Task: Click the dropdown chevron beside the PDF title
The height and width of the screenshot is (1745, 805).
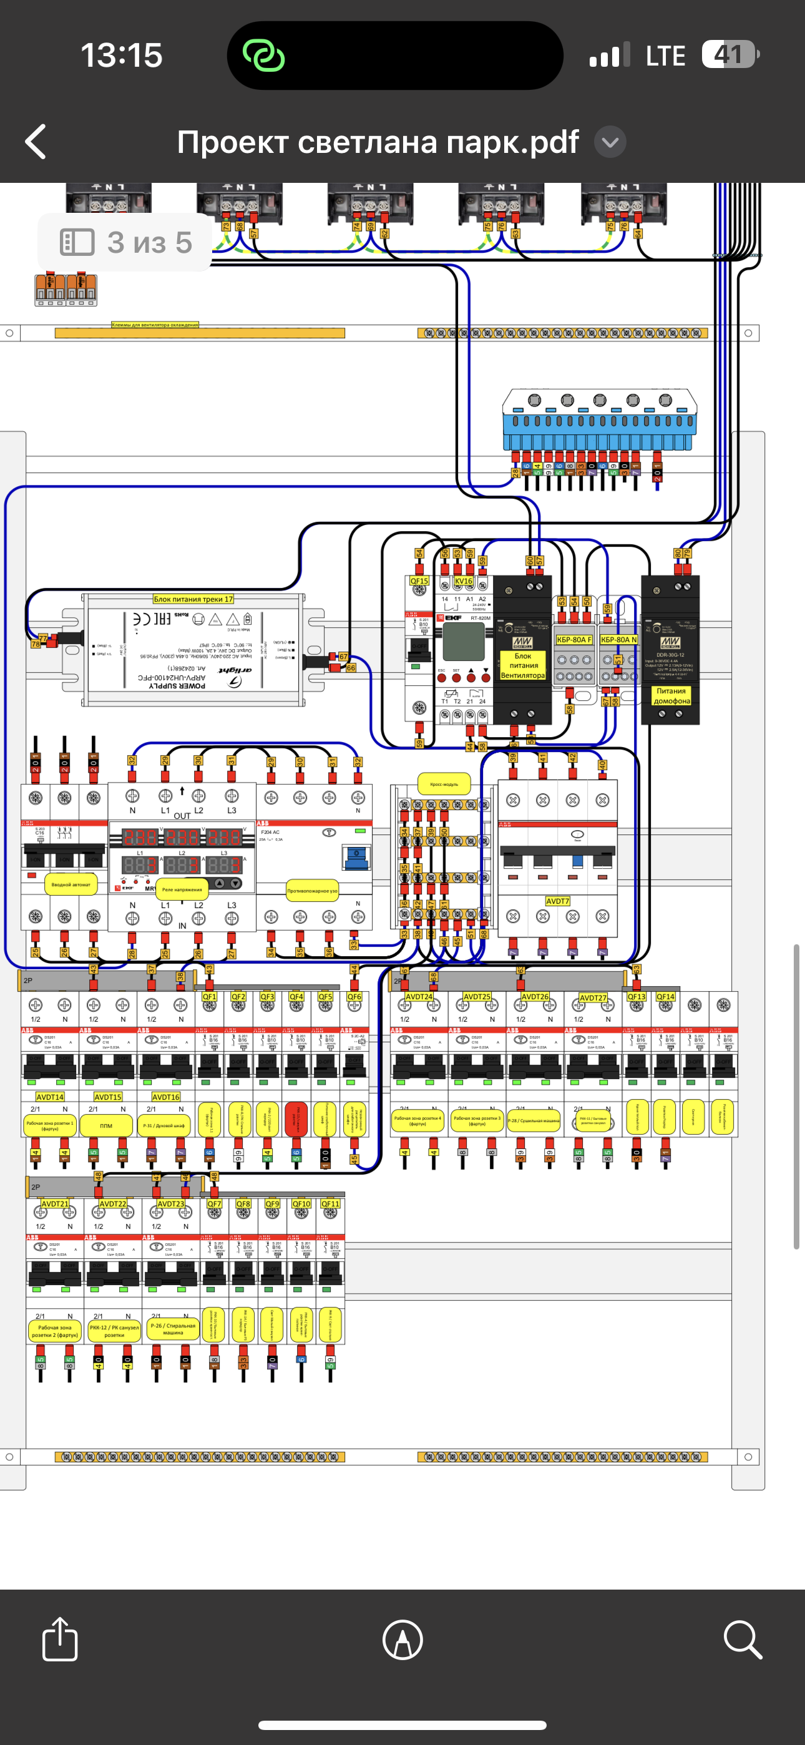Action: [610, 142]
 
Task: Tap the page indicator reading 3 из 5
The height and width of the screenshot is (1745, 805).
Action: [126, 242]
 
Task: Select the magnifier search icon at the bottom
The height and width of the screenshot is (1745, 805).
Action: [743, 1640]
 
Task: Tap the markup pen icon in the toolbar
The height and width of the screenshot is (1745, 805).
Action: [402, 1640]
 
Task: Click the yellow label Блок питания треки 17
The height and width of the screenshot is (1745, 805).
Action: [193, 599]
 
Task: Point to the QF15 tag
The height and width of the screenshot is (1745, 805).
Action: [419, 580]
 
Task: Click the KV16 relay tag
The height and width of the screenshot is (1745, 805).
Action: [464, 580]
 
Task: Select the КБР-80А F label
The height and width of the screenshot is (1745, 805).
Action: [573, 640]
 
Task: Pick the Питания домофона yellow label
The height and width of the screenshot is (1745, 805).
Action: [671, 696]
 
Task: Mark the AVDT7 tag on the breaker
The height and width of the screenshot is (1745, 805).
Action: [558, 901]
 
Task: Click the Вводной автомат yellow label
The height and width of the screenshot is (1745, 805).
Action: [71, 884]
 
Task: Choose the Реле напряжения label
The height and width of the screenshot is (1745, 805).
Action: [182, 889]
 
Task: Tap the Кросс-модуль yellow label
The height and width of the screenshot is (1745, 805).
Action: [444, 784]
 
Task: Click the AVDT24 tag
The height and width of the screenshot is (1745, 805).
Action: [419, 997]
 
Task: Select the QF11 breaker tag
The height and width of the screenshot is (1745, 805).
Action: [330, 1204]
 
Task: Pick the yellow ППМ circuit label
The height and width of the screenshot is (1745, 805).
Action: [106, 1125]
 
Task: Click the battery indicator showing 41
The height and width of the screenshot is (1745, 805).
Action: [729, 54]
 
